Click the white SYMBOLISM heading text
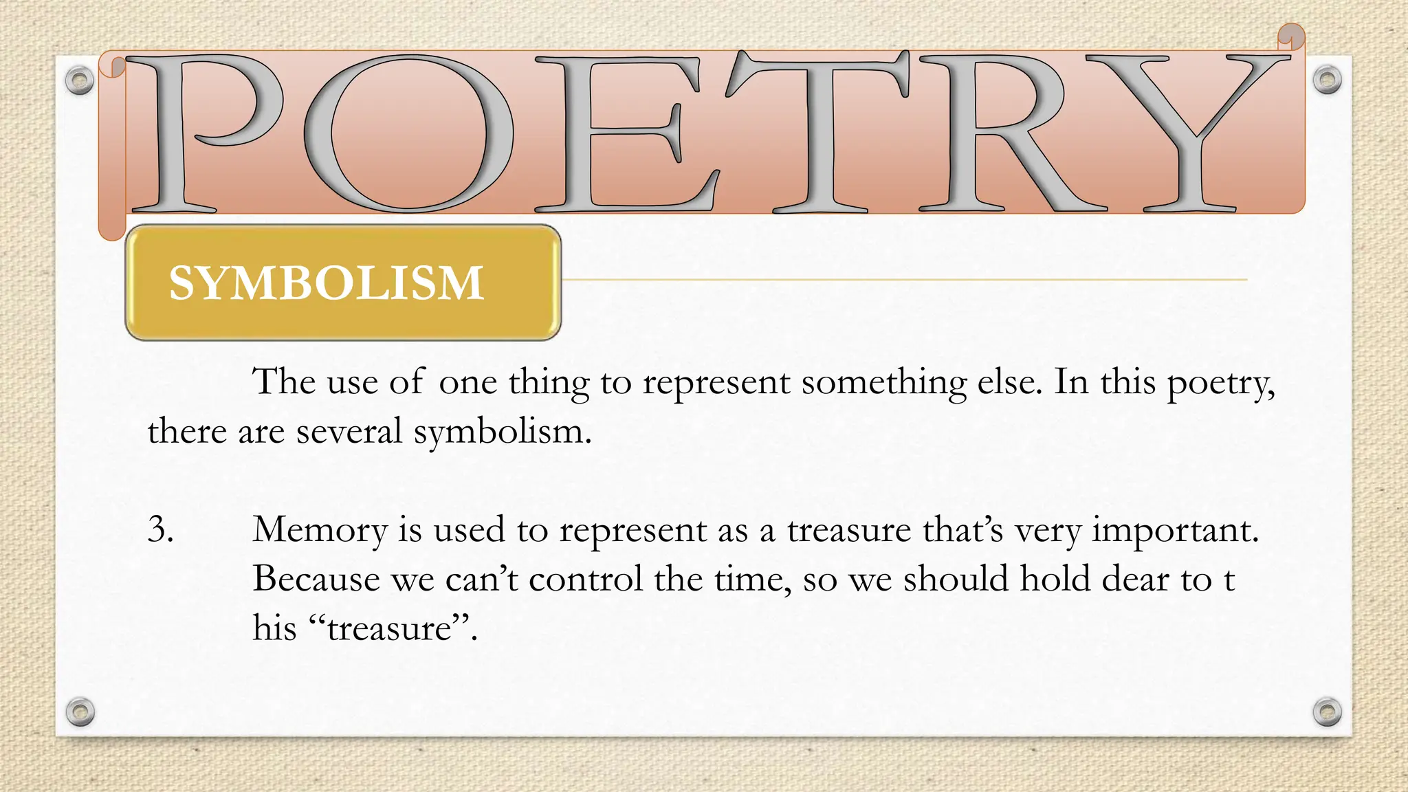(x=327, y=283)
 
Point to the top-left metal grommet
(x=80, y=80)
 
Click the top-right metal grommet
(x=1327, y=80)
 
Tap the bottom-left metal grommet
(x=80, y=712)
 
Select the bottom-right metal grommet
(x=1327, y=712)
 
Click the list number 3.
(x=160, y=529)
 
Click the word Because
(x=316, y=579)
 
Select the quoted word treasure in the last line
(x=389, y=628)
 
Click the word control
(x=585, y=579)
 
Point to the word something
(x=884, y=383)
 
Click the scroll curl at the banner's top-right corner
(x=1290, y=37)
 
